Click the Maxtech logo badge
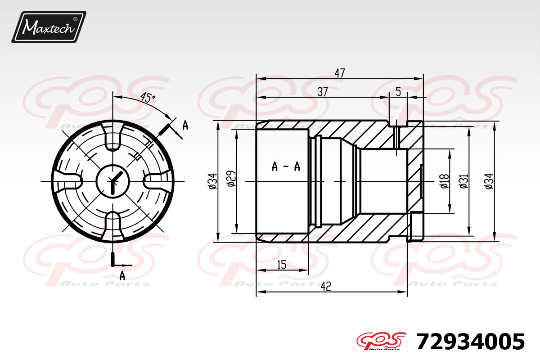49,27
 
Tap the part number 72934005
470,342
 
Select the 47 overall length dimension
340,73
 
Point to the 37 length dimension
323,92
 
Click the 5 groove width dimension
398,92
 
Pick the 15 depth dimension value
282,265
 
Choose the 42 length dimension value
326,286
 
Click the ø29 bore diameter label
231,179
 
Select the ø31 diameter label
464,181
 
